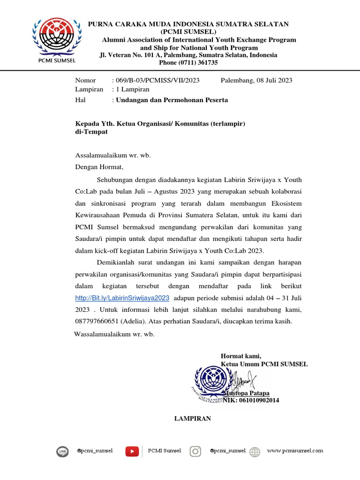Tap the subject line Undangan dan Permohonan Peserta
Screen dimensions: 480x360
click(x=172, y=100)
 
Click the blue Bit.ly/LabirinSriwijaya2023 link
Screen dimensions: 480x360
click(x=122, y=298)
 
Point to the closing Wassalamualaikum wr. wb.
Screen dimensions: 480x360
click(x=114, y=334)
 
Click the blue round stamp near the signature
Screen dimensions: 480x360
click(x=212, y=379)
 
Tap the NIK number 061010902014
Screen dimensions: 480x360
click(x=257, y=400)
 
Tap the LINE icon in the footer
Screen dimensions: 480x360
click(x=62, y=451)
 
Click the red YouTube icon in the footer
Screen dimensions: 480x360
click(x=132, y=451)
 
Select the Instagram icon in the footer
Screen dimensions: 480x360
click(x=195, y=451)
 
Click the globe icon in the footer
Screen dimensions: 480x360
click(x=255, y=452)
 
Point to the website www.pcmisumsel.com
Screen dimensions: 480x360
click(x=295, y=451)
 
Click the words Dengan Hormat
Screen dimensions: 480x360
click(x=99, y=167)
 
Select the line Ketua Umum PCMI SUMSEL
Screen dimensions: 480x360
click(x=264, y=364)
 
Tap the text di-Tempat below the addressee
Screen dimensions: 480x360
click(x=91, y=132)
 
